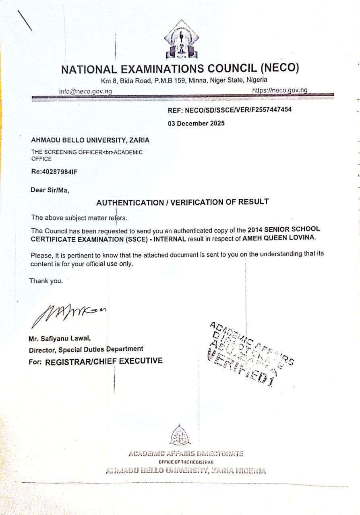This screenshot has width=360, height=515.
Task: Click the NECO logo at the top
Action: coord(181,40)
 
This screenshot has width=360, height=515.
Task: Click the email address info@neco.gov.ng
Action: coord(85,91)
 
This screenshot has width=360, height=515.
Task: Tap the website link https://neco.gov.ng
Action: coord(279,90)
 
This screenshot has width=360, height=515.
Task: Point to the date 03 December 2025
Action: coord(196,124)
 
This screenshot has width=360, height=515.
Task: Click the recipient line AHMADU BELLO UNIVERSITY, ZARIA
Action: coord(90,140)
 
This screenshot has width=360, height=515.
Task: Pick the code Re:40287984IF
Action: coord(54,171)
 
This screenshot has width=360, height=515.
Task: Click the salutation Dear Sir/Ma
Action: coord(50,190)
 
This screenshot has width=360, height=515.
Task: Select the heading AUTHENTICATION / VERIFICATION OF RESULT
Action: coord(182,202)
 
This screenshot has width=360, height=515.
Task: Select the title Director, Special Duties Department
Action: coord(86,350)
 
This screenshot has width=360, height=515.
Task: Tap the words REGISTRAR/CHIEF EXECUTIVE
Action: coord(104,361)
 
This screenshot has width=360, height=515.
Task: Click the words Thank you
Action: coord(46,281)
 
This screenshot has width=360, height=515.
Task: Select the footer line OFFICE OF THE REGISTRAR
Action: coord(186,462)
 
